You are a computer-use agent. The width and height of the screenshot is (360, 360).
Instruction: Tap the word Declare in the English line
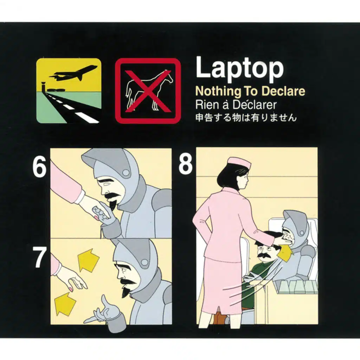coord(283,91)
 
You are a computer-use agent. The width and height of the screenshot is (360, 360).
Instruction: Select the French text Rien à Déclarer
coord(236,105)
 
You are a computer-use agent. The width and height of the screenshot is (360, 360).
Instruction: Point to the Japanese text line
coord(246,117)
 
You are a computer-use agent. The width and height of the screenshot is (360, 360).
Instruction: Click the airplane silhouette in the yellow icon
coord(73,73)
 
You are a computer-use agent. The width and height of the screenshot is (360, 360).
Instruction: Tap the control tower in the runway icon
coord(43,86)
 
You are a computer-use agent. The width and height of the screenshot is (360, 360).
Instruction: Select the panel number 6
coord(39,168)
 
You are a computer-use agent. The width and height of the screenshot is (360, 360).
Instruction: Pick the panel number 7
coord(39,257)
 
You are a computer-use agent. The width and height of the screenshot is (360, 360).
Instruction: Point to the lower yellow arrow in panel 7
coord(65,303)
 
